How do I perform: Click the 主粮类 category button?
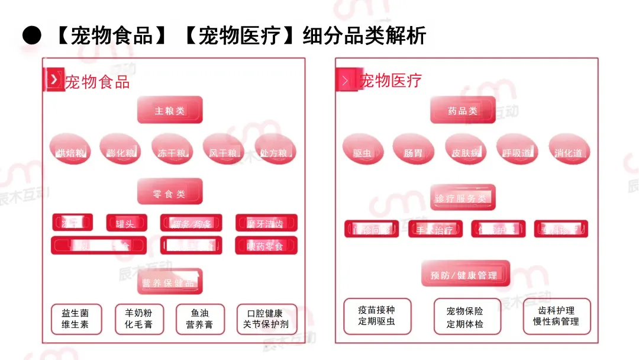(170, 110)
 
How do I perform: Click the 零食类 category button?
(170, 192)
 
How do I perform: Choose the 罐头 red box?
(126, 223)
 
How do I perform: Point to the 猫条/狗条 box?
(191, 223)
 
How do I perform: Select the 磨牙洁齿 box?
(266, 223)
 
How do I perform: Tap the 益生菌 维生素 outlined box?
(75, 319)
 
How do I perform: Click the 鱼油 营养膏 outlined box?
(199, 319)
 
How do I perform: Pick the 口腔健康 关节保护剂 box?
(266, 319)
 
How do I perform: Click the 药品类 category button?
(463, 110)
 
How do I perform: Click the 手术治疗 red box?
(435, 229)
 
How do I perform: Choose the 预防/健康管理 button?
(465, 274)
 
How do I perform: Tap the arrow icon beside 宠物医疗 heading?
(346, 80)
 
